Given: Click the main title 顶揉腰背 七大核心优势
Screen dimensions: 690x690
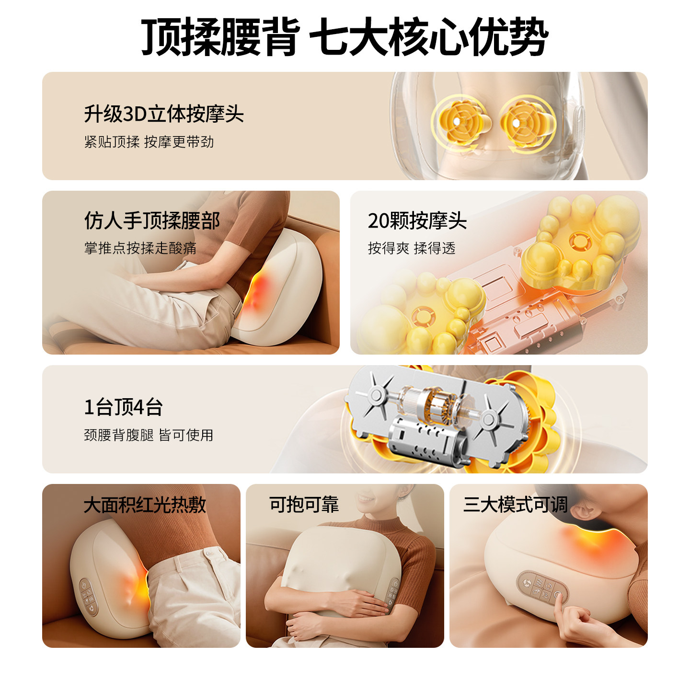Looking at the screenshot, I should coord(345,37).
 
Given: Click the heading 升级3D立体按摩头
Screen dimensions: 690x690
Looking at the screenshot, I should coord(164,114).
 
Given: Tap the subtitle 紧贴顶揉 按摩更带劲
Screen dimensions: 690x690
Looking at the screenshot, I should coord(149,142).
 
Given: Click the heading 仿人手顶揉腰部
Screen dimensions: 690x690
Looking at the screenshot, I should coord(152,221).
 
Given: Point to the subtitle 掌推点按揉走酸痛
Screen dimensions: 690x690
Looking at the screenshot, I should coord(140,248).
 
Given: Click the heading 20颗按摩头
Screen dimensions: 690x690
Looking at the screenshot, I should coord(417,221).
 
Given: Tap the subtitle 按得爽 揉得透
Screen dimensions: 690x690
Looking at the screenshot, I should coord(411,248).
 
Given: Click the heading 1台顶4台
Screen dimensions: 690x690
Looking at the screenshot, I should coord(124,407).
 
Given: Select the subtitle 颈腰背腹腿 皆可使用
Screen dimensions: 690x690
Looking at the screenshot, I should coord(149,435).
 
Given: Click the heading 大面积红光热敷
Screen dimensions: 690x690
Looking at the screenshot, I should coord(145,505).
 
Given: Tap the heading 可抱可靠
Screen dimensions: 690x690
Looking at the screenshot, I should coord(304,505).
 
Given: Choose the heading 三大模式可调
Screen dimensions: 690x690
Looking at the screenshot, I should coord(515,505).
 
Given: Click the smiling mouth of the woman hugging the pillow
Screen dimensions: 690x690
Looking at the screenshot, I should coord(367,499).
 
